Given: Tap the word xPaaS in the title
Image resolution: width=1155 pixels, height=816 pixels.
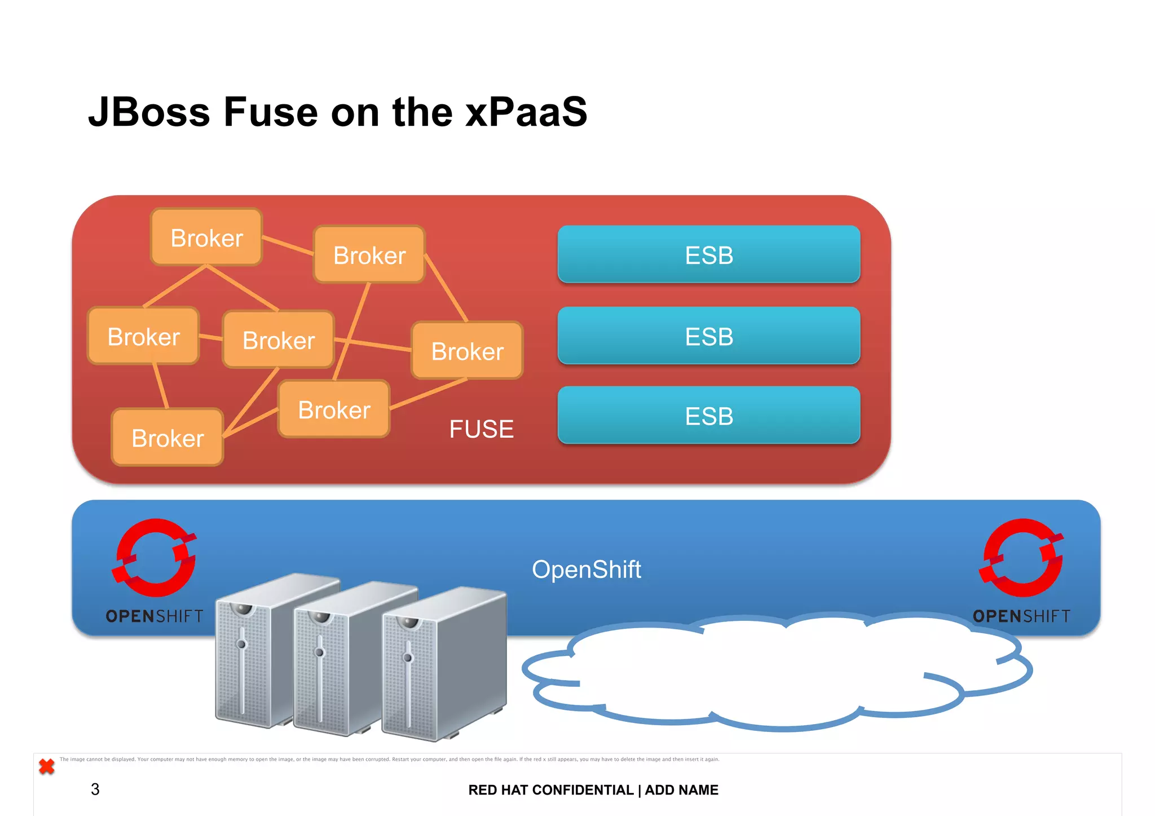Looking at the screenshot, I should [526, 112].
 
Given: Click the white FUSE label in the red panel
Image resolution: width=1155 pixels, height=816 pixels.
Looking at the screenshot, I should [481, 429].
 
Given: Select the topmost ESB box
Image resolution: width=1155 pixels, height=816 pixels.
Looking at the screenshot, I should [708, 254].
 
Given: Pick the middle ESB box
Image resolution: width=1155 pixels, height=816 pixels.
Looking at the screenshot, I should [708, 336].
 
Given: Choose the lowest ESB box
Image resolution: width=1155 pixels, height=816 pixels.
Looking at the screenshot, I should [708, 416].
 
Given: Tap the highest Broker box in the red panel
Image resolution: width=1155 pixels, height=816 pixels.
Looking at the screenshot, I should [206, 237].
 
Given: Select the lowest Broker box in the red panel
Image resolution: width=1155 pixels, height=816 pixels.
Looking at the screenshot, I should [167, 438].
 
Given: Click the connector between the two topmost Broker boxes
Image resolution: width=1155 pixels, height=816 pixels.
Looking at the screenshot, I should [288, 245].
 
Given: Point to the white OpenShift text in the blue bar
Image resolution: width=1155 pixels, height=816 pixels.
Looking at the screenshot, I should [586, 569].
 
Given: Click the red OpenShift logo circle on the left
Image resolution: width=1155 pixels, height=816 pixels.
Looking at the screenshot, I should [155, 558].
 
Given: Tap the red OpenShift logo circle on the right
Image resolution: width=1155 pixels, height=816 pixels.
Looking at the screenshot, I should [1022, 558].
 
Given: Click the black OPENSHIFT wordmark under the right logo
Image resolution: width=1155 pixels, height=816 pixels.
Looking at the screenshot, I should [1021, 616].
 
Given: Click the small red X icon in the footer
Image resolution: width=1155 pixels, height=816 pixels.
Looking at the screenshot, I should [47, 766].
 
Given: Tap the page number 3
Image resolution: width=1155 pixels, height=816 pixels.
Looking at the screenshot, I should [95, 789].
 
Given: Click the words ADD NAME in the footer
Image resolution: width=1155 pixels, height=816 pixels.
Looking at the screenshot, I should [681, 790].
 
